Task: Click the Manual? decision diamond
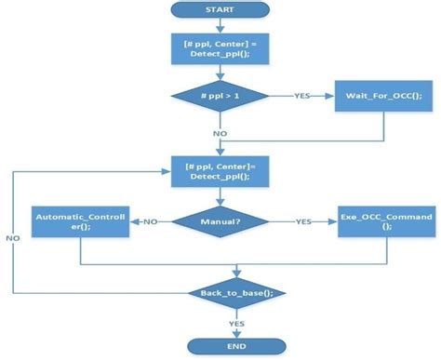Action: (x=221, y=221)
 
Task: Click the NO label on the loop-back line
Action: (x=13, y=239)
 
